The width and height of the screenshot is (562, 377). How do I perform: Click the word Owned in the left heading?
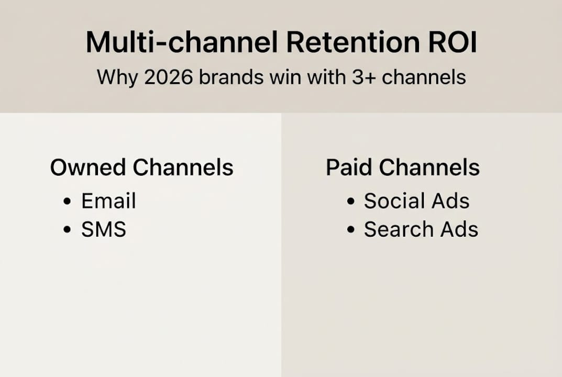tap(87, 168)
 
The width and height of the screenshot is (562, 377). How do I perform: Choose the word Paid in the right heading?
tap(349, 168)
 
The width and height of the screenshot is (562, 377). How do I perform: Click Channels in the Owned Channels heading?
tap(183, 168)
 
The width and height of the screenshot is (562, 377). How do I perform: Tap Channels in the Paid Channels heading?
tap(429, 168)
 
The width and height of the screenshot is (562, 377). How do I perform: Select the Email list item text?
tap(108, 201)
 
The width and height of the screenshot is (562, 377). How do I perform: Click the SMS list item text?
tap(104, 229)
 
